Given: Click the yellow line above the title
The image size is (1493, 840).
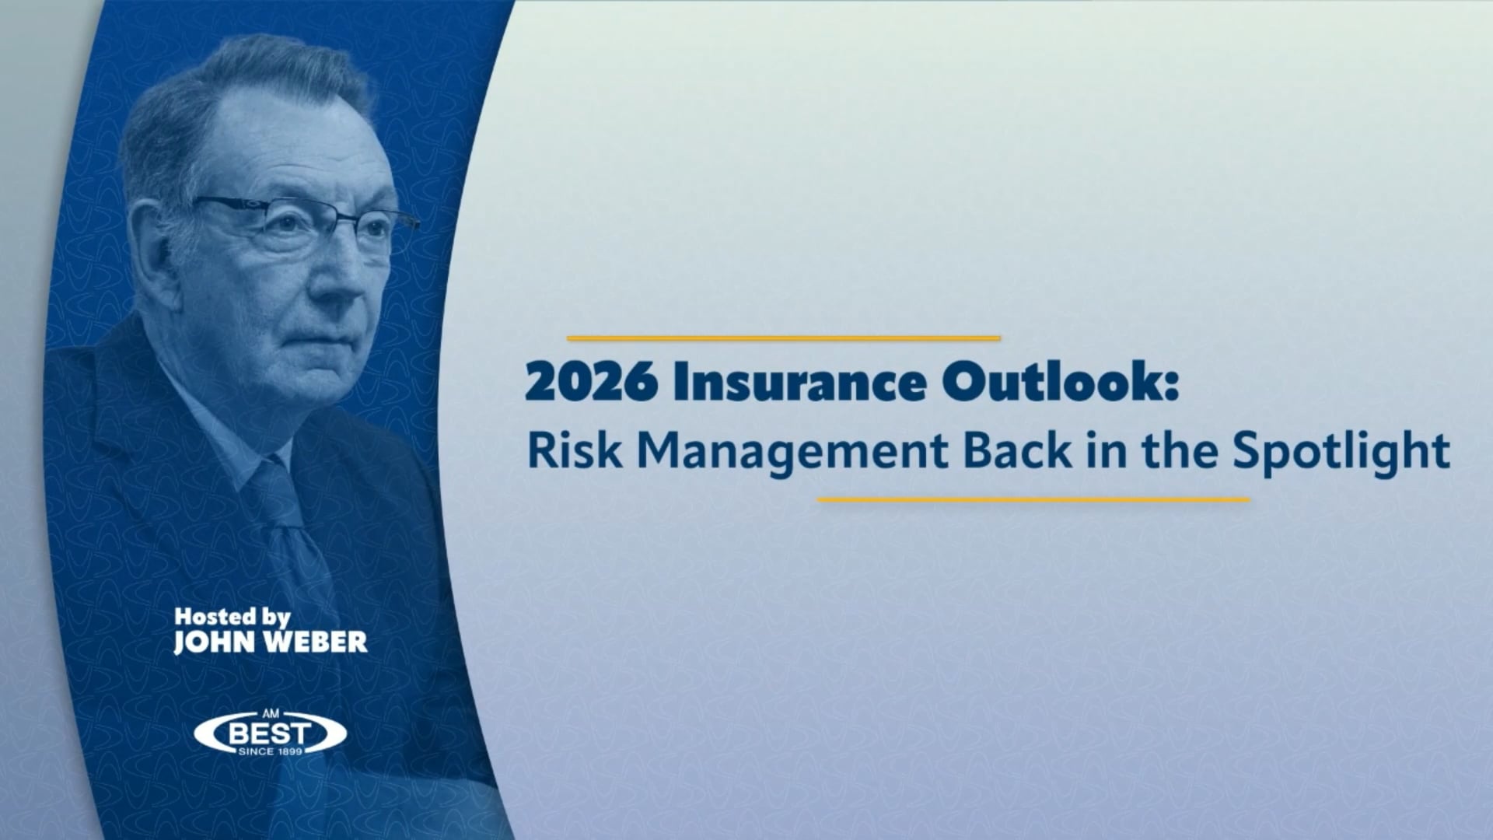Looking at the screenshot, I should pos(783,338).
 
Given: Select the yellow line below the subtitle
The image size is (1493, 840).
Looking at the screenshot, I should pos(1033,500).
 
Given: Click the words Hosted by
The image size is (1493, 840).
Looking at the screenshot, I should pos(232,618).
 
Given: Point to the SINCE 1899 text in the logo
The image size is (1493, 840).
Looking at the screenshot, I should pos(270,751).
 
